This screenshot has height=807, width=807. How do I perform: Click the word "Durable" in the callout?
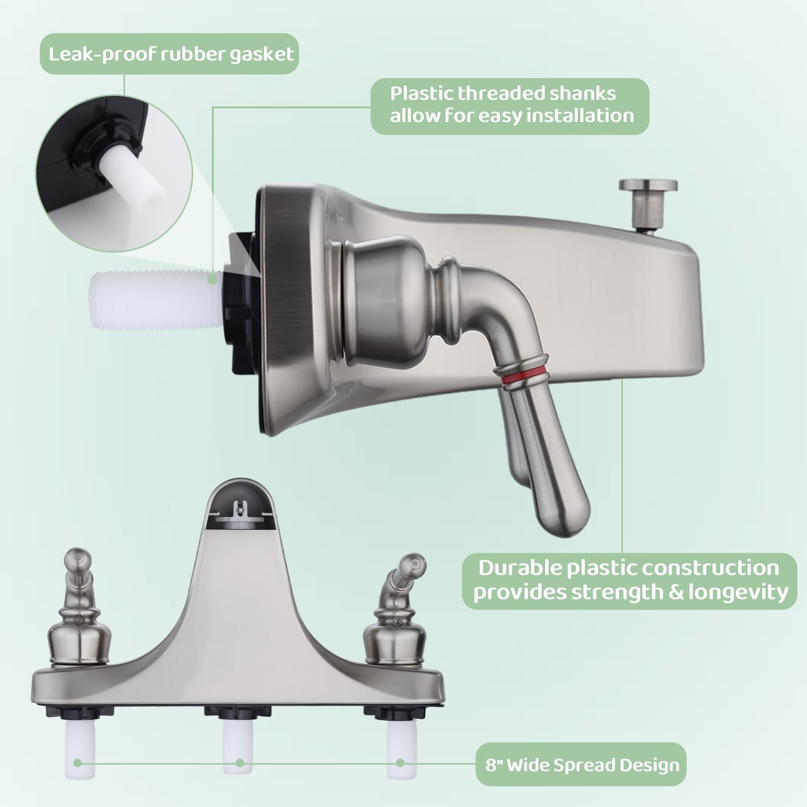pyautogui.click(x=520, y=568)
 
